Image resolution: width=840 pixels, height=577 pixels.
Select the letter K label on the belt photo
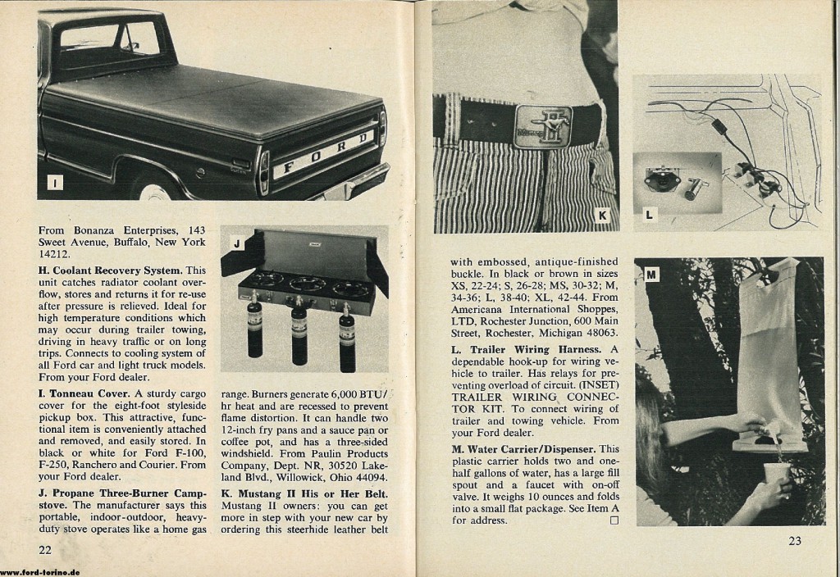coord(602,216)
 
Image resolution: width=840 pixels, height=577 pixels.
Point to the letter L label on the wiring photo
coord(650,215)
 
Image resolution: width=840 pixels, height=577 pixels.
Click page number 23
coord(794,540)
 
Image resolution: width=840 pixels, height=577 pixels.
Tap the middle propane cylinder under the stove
coord(299,336)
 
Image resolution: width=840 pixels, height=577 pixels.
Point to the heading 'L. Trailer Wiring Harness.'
coord(524,350)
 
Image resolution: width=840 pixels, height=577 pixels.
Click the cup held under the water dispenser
coord(776,474)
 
